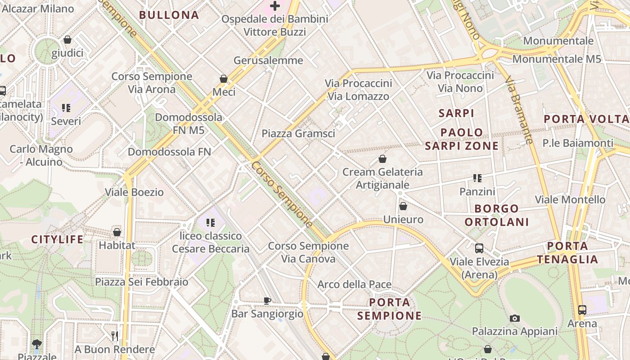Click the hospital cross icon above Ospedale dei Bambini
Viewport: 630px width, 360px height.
click(275, 6)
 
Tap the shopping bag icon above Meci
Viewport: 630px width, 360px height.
click(224, 79)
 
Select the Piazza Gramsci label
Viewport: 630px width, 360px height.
click(298, 133)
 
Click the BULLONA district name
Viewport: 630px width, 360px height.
click(169, 15)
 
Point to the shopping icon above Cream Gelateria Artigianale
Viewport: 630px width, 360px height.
click(382, 159)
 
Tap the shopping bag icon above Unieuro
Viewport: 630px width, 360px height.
click(403, 206)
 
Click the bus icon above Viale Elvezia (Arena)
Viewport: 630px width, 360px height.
click(479, 248)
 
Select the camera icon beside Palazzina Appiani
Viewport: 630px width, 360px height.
click(515, 318)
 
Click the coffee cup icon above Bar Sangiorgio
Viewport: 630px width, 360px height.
click(267, 300)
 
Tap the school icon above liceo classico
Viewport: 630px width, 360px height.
click(210, 222)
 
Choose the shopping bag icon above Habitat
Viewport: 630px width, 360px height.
click(117, 232)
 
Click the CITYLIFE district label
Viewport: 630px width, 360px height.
click(57, 239)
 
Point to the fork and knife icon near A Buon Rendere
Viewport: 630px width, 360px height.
click(114, 336)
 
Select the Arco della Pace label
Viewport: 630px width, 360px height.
click(354, 284)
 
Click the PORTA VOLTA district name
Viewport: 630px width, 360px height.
click(586, 119)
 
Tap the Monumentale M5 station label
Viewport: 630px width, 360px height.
click(557, 59)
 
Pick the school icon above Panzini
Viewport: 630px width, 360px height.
click(477, 178)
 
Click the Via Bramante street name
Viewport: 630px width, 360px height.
click(519, 110)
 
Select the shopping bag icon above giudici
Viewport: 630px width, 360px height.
click(67, 40)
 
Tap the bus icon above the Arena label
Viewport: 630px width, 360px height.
click(582, 310)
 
